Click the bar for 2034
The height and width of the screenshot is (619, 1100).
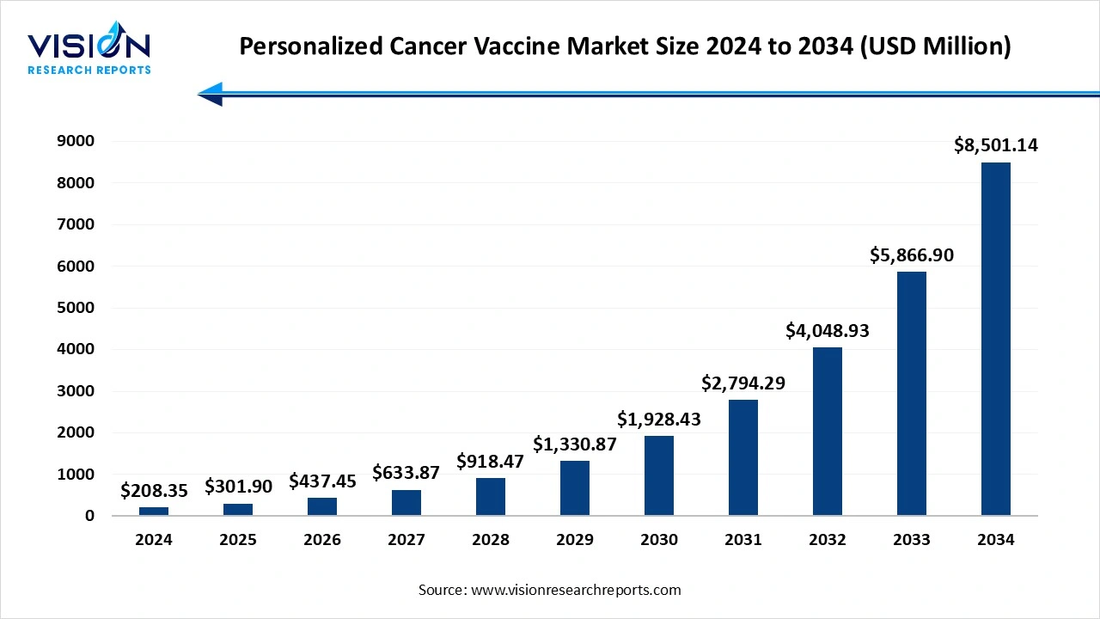point(995,339)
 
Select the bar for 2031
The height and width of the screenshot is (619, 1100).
point(743,457)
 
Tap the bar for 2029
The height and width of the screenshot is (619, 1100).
point(575,487)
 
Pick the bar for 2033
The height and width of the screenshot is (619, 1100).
point(911,394)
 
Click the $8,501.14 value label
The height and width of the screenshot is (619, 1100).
point(995,145)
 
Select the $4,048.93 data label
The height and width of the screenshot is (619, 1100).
point(827,330)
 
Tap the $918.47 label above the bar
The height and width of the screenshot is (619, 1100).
point(490,461)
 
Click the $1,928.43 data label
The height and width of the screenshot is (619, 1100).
point(659,419)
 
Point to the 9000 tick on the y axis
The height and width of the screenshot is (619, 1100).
point(77,141)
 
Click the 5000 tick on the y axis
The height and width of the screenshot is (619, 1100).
point(77,308)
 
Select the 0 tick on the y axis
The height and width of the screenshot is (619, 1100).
point(89,516)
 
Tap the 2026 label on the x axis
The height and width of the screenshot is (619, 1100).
point(322,540)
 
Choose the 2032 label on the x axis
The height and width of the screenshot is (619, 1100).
point(827,540)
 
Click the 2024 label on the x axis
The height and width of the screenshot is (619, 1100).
point(154,540)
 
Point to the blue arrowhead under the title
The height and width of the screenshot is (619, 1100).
point(211,94)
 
